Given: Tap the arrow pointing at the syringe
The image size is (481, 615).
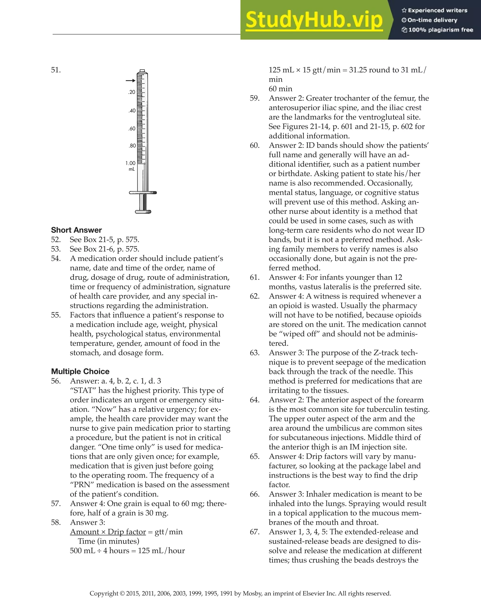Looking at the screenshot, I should coord(130,81).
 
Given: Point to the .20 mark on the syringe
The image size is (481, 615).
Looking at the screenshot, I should coord(132,92).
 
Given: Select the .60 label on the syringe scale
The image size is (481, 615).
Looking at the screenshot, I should coord(132,129).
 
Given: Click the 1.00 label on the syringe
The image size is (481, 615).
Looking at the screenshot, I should coord(130,163).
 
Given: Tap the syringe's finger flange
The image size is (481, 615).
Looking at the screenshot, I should coord(143,193).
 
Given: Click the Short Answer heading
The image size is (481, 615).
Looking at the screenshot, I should coord(76,230).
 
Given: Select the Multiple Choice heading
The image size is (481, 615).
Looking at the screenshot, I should coord(80,371).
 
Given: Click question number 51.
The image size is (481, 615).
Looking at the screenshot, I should coord(56,70).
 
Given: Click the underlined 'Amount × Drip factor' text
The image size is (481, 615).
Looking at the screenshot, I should coord(108,532).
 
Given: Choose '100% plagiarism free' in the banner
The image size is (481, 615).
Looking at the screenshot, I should coord(440,30).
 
